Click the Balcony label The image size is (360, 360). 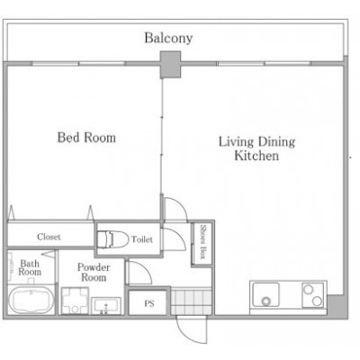click(168, 38)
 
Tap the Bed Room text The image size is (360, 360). click(86, 138)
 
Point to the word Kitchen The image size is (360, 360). click(256, 156)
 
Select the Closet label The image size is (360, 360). click(49, 237)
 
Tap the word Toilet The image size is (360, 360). click(142, 239)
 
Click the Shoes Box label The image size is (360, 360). click(202, 242)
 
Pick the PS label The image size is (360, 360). click(149, 303)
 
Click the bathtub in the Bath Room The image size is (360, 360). click(31, 300)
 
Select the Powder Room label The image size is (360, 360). click(94, 272)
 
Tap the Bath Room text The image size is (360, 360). click(30, 267)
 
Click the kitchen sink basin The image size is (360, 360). click(265, 294)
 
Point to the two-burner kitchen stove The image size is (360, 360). click(313, 295)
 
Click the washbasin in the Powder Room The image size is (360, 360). click(106, 306)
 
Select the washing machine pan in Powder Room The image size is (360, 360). click(75, 301)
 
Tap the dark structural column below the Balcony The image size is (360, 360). click(170, 65)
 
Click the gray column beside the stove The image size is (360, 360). click(337, 306)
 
